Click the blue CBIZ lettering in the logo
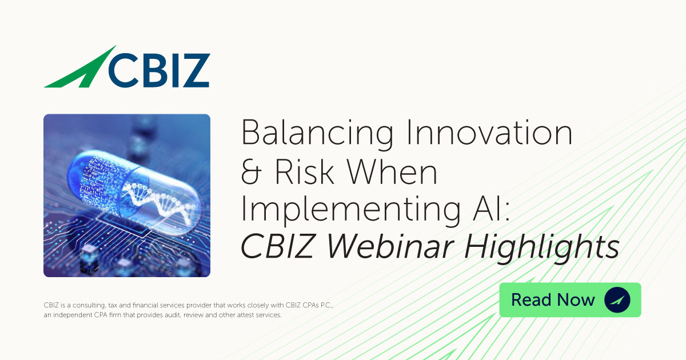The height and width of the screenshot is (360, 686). click(x=158, y=69)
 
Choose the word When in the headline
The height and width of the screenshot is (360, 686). click(x=394, y=172)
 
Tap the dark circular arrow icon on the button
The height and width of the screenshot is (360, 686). click(x=617, y=300)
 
